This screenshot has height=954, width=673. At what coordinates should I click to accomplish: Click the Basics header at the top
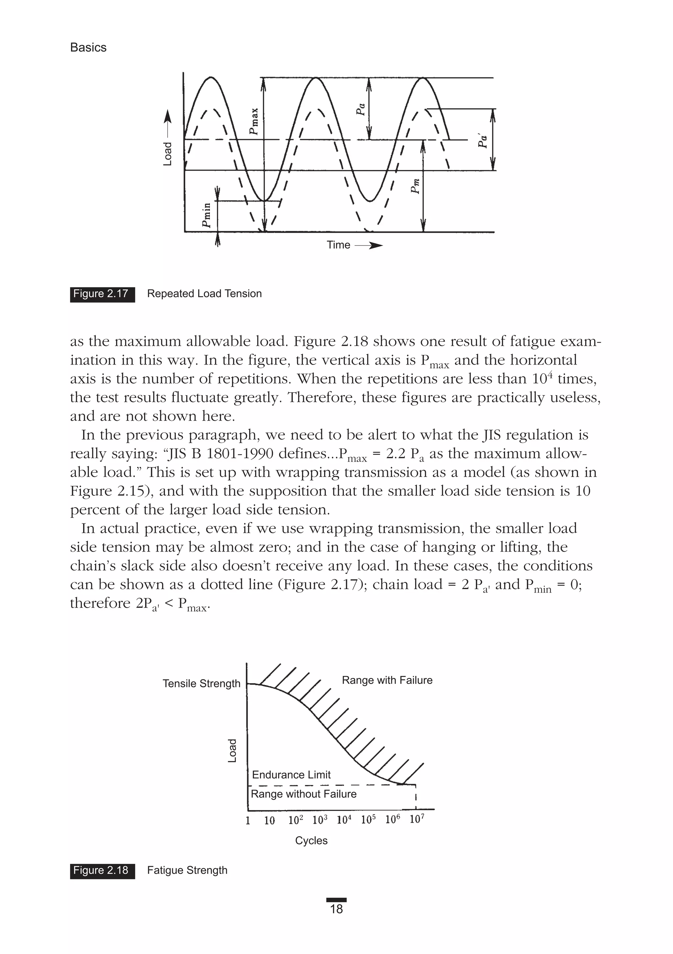(88, 47)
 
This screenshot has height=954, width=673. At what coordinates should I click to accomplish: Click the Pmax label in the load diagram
(254, 122)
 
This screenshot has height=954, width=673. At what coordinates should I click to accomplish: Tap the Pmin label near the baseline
(206, 215)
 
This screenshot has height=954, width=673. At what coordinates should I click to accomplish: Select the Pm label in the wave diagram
(415, 186)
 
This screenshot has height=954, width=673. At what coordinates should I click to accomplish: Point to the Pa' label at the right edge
(482, 140)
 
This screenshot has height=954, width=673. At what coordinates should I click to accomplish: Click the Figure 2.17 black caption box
(102, 294)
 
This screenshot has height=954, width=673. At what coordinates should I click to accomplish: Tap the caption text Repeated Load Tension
(204, 294)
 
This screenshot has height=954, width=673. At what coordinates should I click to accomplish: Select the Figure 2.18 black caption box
(102, 870)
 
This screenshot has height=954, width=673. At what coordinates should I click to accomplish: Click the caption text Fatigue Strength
(187, 870)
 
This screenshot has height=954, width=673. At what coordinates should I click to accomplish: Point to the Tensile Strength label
(201, 683)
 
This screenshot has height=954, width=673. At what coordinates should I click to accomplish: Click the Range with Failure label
(387, 680)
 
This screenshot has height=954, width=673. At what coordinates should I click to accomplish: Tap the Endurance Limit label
(291, 775)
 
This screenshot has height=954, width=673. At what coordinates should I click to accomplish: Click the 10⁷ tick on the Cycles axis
(417, 819)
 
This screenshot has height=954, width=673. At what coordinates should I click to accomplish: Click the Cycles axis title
(311, 841)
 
